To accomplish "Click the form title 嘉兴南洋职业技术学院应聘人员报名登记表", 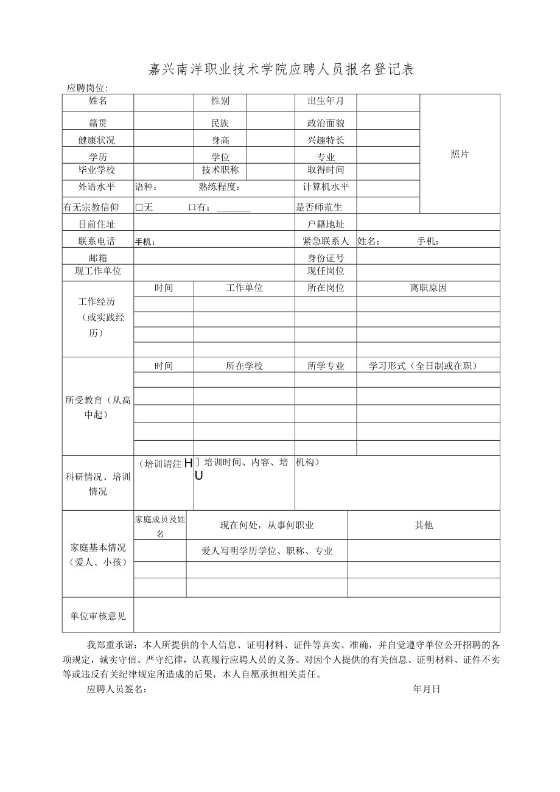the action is pyautogui.click(x=281, y=69).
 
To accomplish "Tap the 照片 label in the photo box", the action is pyautogui.click(x=460, y=154).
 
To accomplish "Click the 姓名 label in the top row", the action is pyautogui.click(x=97, y=101).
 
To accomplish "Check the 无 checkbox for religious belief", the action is pyautogui.click(x=139, y=208).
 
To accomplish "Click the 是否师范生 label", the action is pyautogui.click(x=319, y=208).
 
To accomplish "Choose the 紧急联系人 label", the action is pyautogui.click(x=326, y=241).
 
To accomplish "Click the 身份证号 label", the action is pyautogui.click(x=326, y=258).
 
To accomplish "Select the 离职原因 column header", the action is pyautogui.click(x=428, y=288).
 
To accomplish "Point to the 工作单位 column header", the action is pyautogui.click(x=244, y=288).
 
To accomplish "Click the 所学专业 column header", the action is pyautogui.click(x=326, y=366).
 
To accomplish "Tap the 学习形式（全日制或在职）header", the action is pyautogui.click(x=423, y=366).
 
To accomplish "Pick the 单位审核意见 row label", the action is pyautogui.click(x=97, y=616).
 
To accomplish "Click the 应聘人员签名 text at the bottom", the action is pyautogui.click(x=116, y=689).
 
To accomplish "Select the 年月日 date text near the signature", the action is pyautogui.click(x=426, y=689).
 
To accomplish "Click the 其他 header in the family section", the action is pyautogui.click(x=424, y=525).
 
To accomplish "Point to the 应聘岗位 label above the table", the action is pyautogui.click(x=87, y=88).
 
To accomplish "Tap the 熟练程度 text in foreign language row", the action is pyautogui.click(x=219, y=187).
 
